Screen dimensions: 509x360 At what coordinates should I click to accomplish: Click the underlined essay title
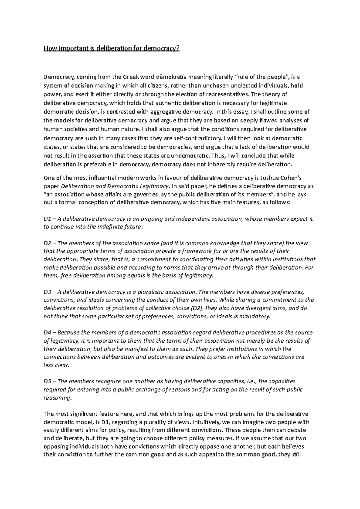111,48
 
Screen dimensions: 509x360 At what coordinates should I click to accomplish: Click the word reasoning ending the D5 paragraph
57,398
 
